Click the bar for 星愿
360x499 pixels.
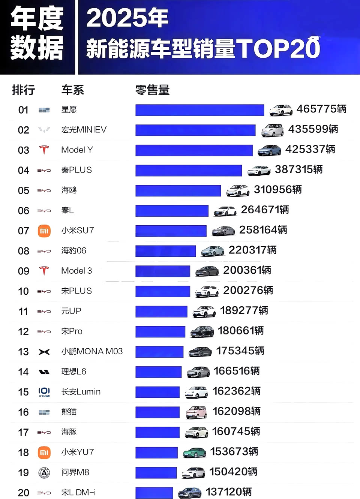[199, 110]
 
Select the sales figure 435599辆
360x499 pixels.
[313, 129]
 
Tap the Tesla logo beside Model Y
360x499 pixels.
[44, 150]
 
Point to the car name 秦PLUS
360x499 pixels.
[76, 170]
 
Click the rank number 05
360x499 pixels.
[24, 190]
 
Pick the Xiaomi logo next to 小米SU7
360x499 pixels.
[44, 231]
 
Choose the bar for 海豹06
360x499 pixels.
[165, 251]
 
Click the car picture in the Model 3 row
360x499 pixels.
[207, 271]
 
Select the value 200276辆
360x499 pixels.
[248, 291]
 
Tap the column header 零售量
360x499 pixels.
[152, 90]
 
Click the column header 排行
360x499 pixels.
[23, 90]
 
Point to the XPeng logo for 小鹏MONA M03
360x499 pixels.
[44, 352]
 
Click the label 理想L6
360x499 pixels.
[74, 372]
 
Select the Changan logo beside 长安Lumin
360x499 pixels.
[44, 392]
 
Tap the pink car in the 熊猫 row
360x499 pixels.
[196, 412]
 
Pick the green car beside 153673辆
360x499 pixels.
[194, 453]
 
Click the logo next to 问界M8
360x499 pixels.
[44, 473]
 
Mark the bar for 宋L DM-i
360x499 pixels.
[154, 493]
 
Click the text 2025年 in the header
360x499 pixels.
[127, 18]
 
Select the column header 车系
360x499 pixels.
[72, 90]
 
